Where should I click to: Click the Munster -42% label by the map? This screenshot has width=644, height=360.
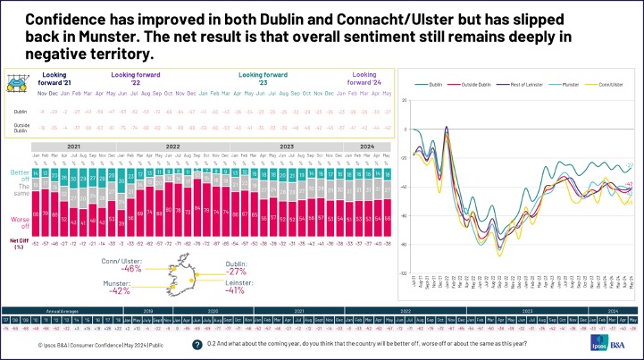121,286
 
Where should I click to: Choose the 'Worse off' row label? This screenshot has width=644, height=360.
19,217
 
